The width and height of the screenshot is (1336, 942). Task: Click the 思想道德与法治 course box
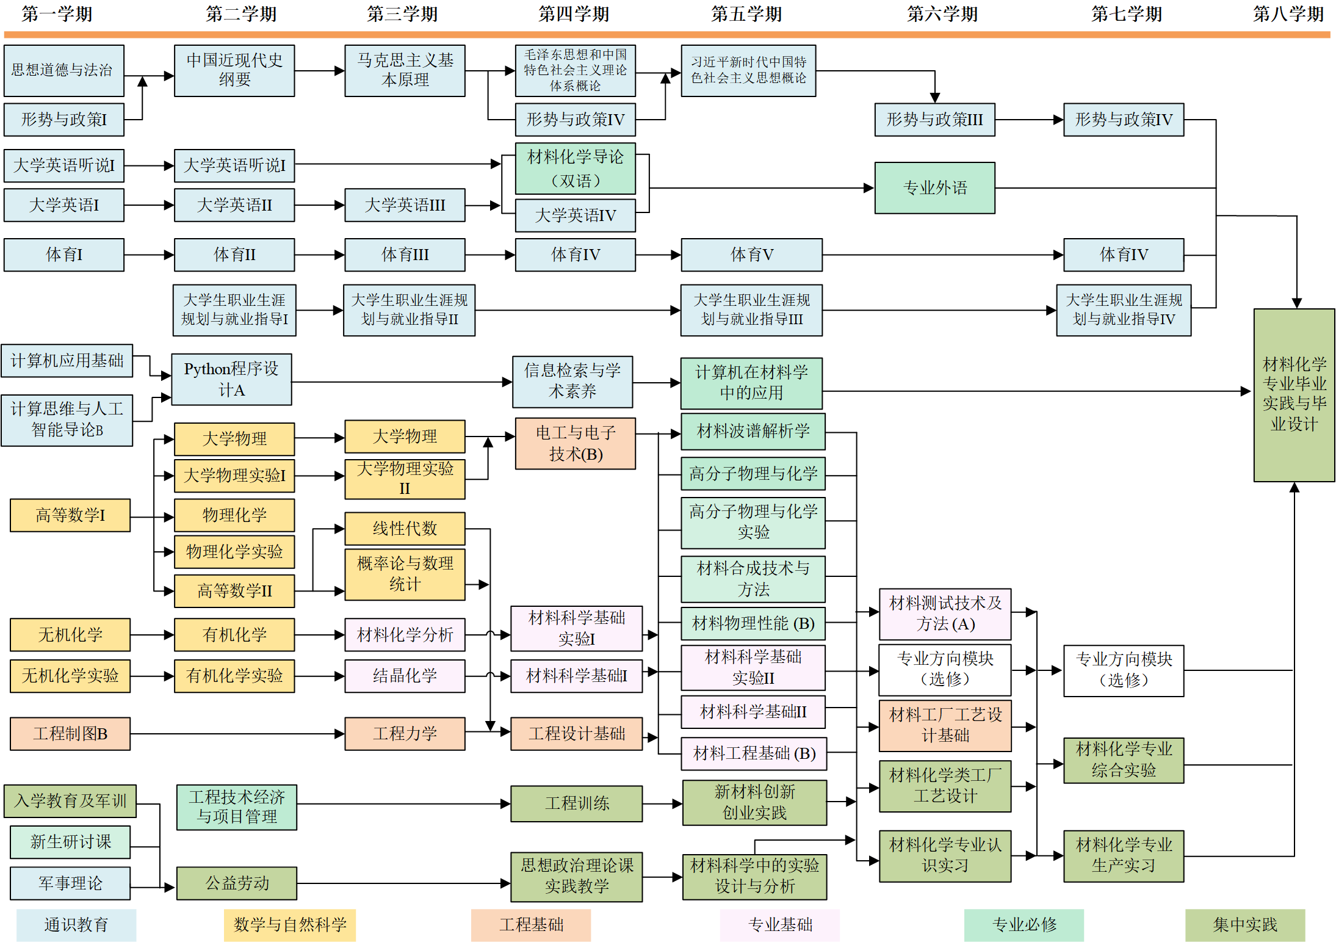click(x=63, y=70)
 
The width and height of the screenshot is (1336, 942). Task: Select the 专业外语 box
click(x=934, y=188)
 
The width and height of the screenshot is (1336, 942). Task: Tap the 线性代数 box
click(x=404, y=528)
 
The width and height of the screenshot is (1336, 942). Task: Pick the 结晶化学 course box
click(x=404, y=675)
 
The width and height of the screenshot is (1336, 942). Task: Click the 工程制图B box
click(x=70, y=733)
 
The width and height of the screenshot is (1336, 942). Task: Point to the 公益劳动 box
click(x=236, y=883)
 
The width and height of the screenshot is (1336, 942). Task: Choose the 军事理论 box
click(x=70, y=883)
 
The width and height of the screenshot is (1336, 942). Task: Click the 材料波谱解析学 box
click(x=753, y=432)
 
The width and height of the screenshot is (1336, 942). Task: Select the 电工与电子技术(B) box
click(x=575, y=443)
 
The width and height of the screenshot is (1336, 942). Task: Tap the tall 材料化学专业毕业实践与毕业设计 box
click(x=1293, y=395)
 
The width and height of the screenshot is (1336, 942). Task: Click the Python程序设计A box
click(x=231, y=379)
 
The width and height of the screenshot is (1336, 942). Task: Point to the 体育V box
click(x=751, y=255)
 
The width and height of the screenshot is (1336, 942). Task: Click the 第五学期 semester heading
click(x=746, y=13)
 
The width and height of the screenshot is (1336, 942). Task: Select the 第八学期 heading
click(x=1288, y=13)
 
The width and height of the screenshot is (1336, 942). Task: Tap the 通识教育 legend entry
click(x=76, y=924)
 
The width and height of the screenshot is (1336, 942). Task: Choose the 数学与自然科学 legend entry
click(x=289, y=924)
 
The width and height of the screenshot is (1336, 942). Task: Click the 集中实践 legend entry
click(x=1244, y=924)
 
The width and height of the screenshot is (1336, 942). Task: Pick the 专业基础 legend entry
click(x=779, y=924)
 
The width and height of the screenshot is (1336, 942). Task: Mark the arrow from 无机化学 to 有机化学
click(x=152, y=635)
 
